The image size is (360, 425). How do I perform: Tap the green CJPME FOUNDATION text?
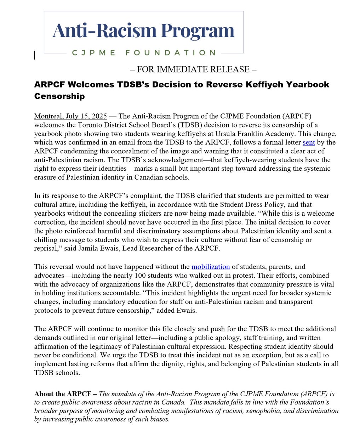click(144, 53)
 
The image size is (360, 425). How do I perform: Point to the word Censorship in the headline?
click(59, 96)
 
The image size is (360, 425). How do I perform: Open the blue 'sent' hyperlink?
click(309, 143)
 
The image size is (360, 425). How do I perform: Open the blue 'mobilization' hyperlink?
click(211, 267)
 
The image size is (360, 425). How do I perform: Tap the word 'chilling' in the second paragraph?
click(48, 240)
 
